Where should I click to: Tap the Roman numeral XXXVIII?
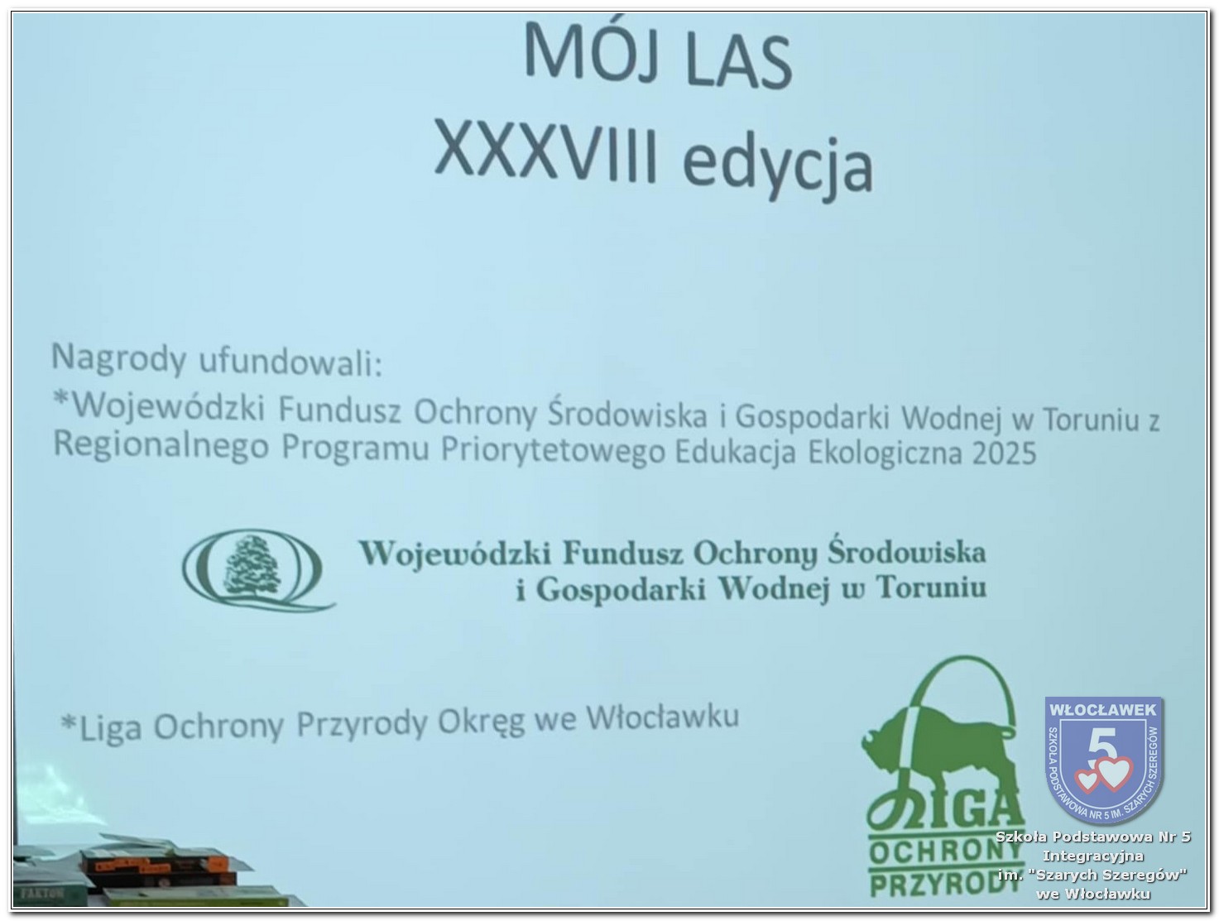point(546,149)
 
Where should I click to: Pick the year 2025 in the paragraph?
point(1004,453)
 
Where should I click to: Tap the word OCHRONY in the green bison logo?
point(945,851)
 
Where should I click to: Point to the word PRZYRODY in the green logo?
point(939,883)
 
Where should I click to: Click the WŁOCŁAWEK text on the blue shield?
point(1103,709)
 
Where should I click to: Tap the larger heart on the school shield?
point(1113,773)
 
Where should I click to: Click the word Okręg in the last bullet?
point(481,722)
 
